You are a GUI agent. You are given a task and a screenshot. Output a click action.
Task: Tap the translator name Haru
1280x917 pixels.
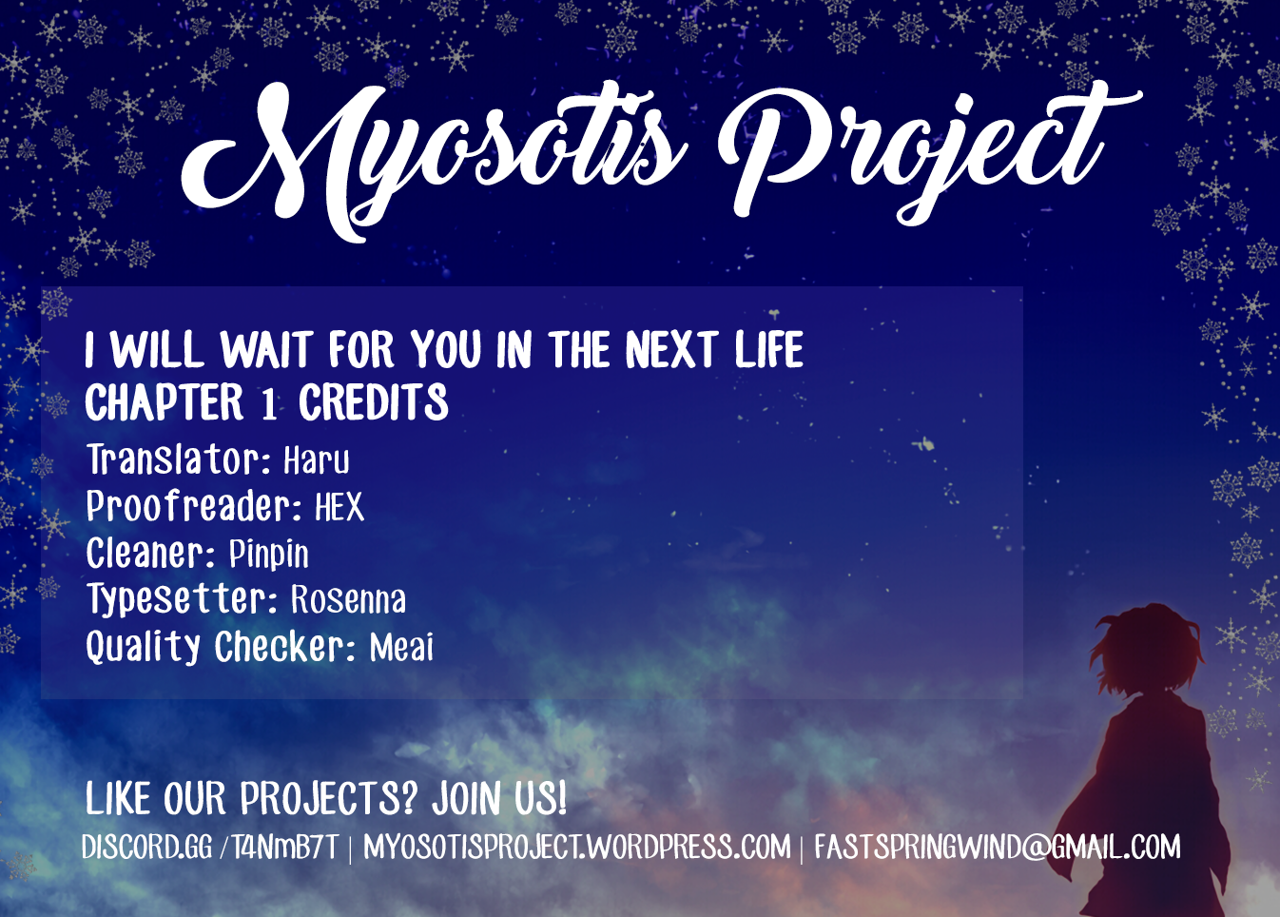click(x=317, y=460)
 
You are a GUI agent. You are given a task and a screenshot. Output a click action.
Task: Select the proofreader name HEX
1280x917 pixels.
click(x=339, y=506)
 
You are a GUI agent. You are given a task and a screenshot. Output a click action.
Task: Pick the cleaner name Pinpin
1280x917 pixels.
click(x=268, y=554)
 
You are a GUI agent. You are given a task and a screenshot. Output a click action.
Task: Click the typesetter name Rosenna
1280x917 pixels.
click(x=349, y=599)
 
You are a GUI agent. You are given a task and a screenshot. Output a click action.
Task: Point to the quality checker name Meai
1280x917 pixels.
click(x=401, y=647)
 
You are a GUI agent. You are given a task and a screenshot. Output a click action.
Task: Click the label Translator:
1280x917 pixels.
click(x=178, y=459)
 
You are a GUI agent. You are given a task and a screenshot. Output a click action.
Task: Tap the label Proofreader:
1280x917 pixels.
click(x=194, y=506)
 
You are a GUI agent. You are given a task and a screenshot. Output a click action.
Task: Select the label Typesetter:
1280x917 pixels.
click(x=183, y=600)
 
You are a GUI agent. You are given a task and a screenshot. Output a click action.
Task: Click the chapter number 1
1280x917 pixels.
click(x=270, y=403)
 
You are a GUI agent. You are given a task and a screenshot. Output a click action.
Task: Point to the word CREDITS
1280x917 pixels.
click(x=374, y=402)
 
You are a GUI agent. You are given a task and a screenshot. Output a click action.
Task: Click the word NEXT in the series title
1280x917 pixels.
click(x=671, y=349)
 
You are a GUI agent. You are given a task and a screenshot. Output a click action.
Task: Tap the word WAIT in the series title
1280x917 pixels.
click(x=266, y=349)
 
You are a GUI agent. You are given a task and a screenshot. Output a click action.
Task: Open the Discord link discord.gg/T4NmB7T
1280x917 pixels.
click(x=210, y=847)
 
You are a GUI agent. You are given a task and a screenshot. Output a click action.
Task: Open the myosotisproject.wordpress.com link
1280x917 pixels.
click(x=577, y=847)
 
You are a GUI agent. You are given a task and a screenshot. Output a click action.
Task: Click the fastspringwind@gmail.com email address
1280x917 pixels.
click(x=998, y=847)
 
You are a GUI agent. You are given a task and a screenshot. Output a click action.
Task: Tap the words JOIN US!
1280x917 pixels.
click(x=499, y=798)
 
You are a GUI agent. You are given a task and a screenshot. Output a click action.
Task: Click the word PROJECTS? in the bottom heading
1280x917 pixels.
click(x=329, y=798)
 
